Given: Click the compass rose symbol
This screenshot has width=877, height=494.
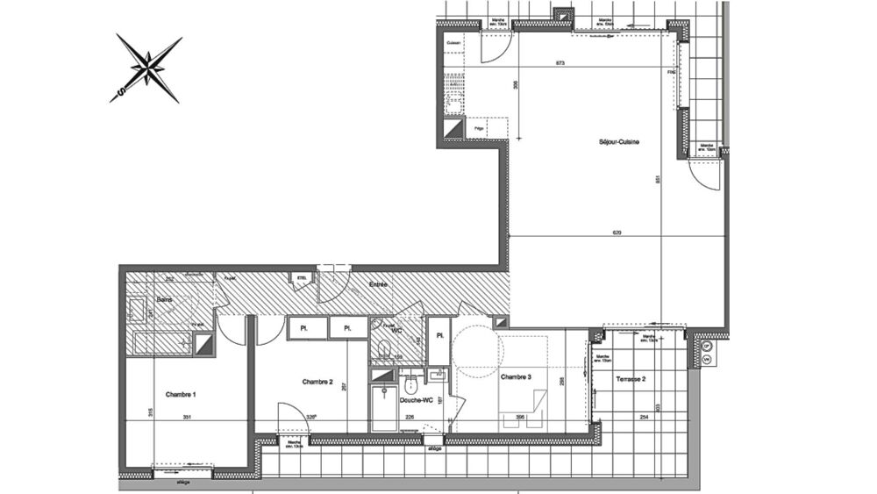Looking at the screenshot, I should tap(148, 68).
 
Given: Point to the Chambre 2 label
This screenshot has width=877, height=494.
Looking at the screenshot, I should tap(317, 382).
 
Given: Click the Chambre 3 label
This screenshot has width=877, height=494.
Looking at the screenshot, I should tap(516, 377).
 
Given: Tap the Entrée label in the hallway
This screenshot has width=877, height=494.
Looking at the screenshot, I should tap(379, 285).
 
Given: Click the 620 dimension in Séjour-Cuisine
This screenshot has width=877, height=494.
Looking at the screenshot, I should tap(617, 233).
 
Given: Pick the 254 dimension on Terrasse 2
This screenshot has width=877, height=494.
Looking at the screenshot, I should tap(644, 418).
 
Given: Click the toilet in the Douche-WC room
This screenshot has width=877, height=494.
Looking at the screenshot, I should tap(410, 385).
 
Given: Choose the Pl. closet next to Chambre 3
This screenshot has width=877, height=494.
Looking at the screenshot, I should tap(438, 334).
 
